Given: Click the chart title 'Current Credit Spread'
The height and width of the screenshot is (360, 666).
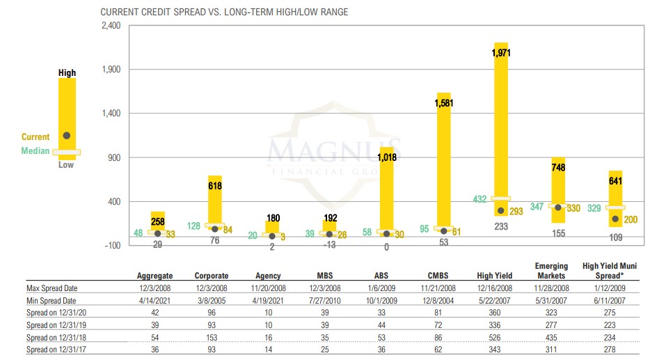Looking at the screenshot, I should click(x=224, y=13).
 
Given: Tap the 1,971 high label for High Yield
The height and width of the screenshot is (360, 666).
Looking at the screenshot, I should click(x=501, y=53).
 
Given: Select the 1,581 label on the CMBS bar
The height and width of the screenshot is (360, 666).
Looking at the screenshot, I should click(x=443, y=103).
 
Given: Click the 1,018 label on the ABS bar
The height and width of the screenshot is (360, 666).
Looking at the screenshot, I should click(x=386, y=157).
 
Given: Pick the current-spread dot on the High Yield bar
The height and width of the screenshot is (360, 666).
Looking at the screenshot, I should click(x=501, y=211).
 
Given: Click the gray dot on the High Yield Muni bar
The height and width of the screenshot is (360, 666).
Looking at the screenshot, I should click(x=615, y=219).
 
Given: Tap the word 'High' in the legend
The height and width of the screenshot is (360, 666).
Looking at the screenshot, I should click(x=67, y=73).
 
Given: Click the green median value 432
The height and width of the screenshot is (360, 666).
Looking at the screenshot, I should click(x=479, y=199).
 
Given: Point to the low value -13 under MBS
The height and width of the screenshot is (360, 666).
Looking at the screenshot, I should click(x=329, y=244).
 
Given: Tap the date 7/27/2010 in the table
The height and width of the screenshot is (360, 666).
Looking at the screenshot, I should click(x=329, y=301).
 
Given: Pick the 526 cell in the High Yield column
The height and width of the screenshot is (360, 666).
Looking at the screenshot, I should click(x=500, y=338).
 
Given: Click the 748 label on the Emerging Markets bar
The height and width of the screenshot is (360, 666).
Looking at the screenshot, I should click(x=558, y=167).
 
